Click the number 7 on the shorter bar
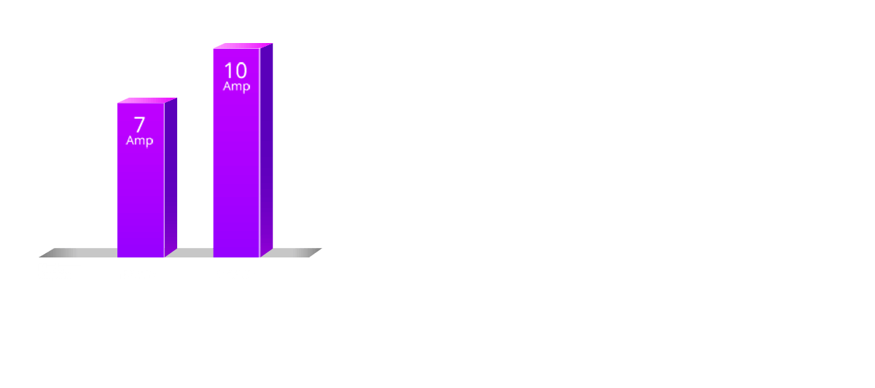[139, 125]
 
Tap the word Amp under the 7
[139, 141]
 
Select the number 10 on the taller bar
[236, 71]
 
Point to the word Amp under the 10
[236, 86]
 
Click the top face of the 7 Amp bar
[147, 101]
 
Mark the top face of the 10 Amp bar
[243, 46]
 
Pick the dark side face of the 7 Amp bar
[171, 177]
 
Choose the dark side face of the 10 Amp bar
[266, 150]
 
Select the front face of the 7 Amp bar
[141, 195]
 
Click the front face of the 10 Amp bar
[236, 176]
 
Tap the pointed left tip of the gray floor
[39, 257]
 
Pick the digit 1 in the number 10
[227, 71]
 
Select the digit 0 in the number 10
[241, 71]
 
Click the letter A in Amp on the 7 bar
[131, 140]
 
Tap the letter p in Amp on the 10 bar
[246, 88]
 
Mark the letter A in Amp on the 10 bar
[227, 85]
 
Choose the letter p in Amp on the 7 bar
[149, 141]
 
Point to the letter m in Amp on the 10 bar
[237, 87]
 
